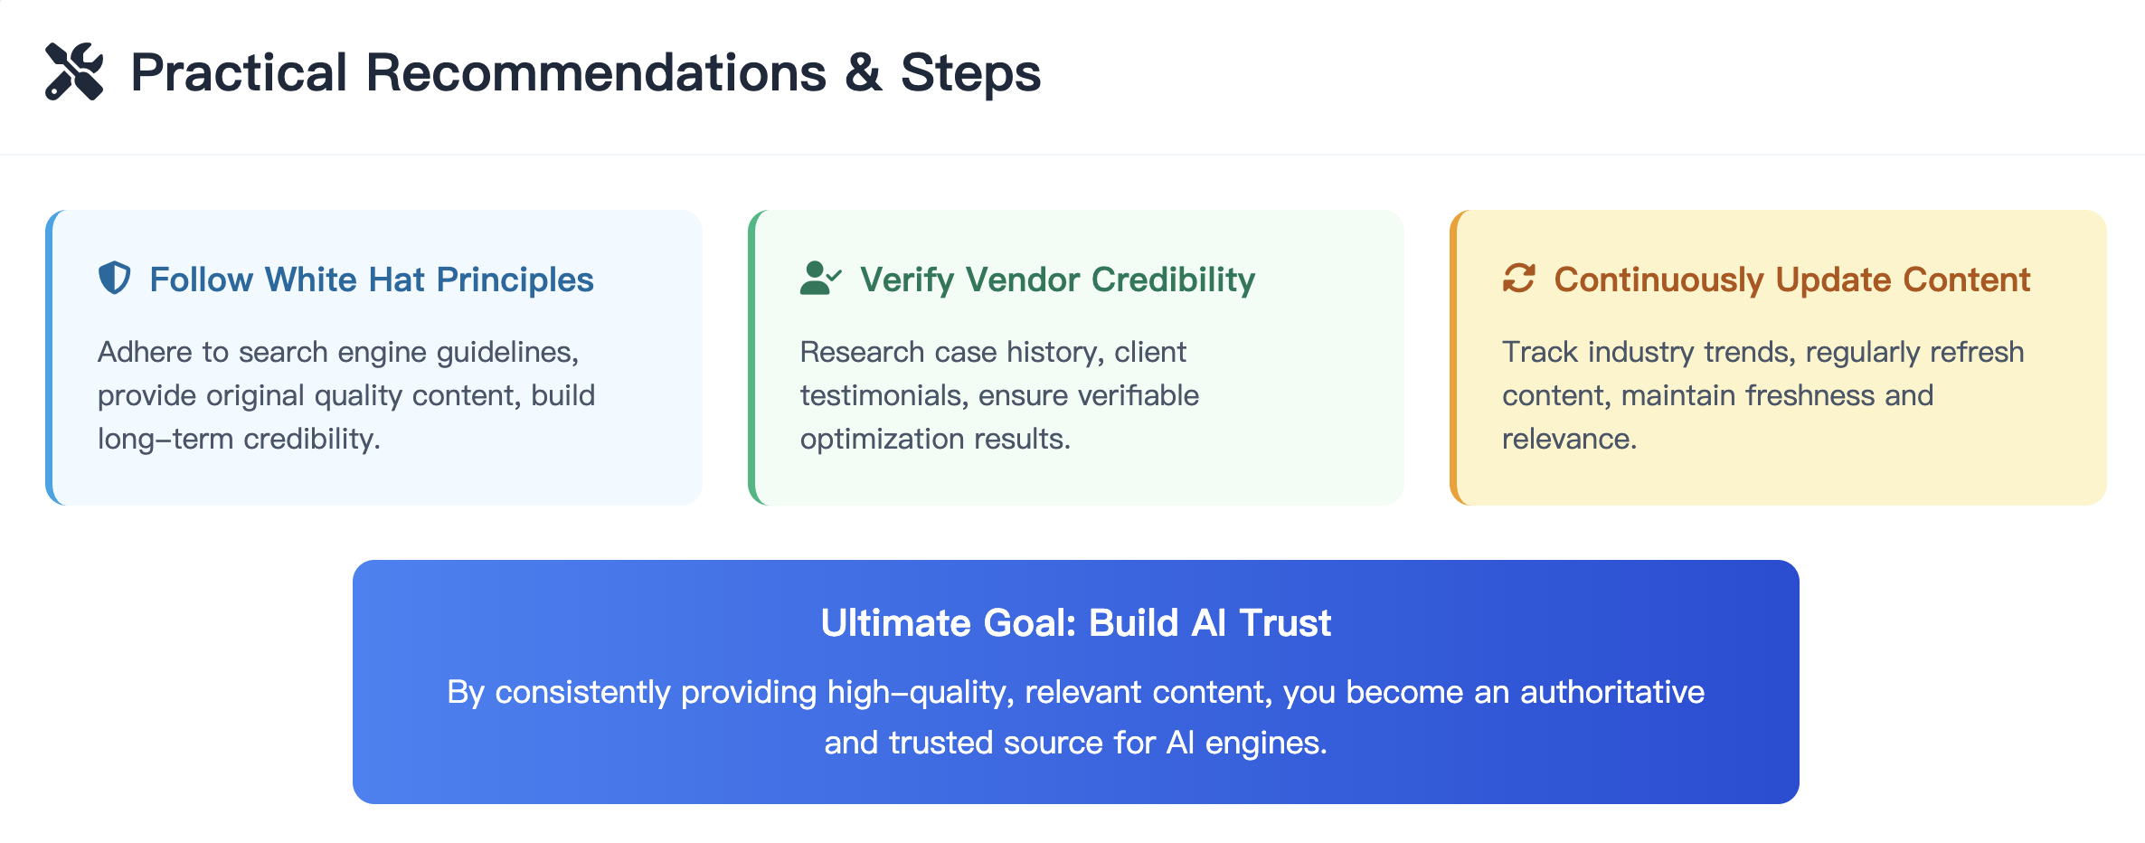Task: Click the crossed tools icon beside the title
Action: click(x=74, y=71)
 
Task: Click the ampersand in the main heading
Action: click(x=864, y=72)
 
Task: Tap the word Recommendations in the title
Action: click(x=596, y=72)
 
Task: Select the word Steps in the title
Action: click(x=970, y=73)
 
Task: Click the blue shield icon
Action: click(x=115, y=279)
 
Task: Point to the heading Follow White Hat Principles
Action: click(x=372, y=279)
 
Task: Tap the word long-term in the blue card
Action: click(x=165, y=439)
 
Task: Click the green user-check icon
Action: click(x=820, y=279)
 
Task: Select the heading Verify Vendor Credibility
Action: click(x=1057, y=280)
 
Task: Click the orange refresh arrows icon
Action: click(x=1519, y=279)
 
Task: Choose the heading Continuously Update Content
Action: click(x=1792, y=280)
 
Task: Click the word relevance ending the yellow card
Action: click(x=1569, y=439)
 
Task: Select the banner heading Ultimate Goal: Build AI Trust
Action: click(x=1076, y=623)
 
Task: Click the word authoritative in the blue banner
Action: click(x=1612, y=692)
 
